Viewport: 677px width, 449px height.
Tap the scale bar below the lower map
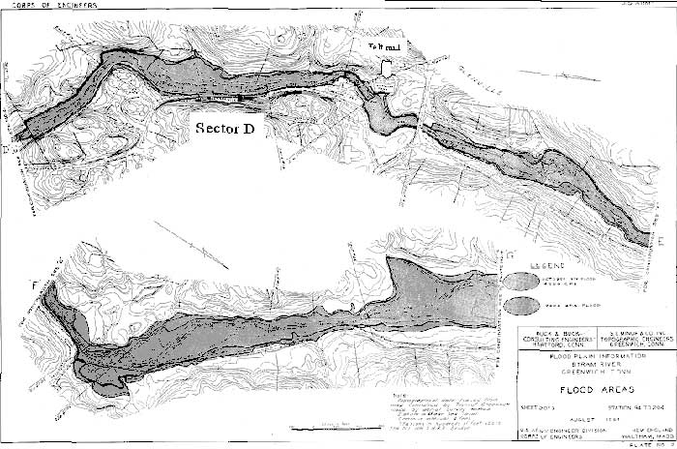334,423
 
